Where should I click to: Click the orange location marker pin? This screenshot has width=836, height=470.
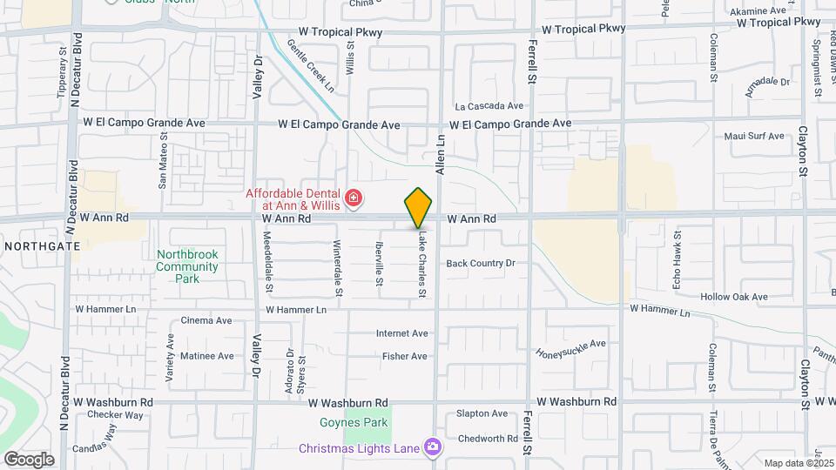click(419, 207)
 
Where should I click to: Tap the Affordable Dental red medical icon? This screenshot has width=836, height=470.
click(353, 199)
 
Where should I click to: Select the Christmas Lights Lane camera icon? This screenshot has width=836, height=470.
click(433, 448)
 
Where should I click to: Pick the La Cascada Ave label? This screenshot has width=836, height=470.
click(489, 105)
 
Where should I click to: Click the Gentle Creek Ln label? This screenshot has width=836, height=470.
click(311, 65)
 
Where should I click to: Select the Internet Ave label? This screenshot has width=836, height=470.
click(402, 333)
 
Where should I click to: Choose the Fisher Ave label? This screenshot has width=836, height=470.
click(405, 356)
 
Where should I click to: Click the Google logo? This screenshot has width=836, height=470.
click(29, 459)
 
